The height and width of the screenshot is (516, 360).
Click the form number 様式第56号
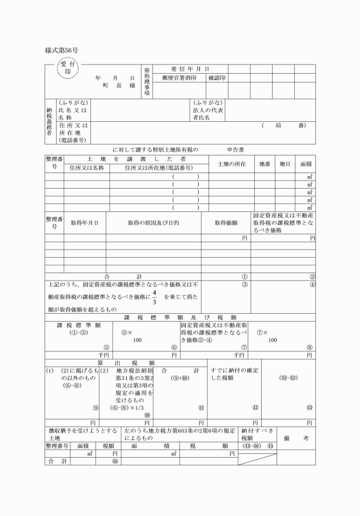61,50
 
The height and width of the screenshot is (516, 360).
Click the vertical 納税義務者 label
50,121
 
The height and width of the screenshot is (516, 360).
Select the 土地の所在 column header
231,163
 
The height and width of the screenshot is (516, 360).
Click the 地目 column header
285,163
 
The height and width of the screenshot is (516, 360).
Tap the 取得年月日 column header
85,222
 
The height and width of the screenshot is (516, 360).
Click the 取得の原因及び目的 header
154,222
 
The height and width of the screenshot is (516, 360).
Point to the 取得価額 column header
226,222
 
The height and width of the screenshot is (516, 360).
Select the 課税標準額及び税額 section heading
180,317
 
